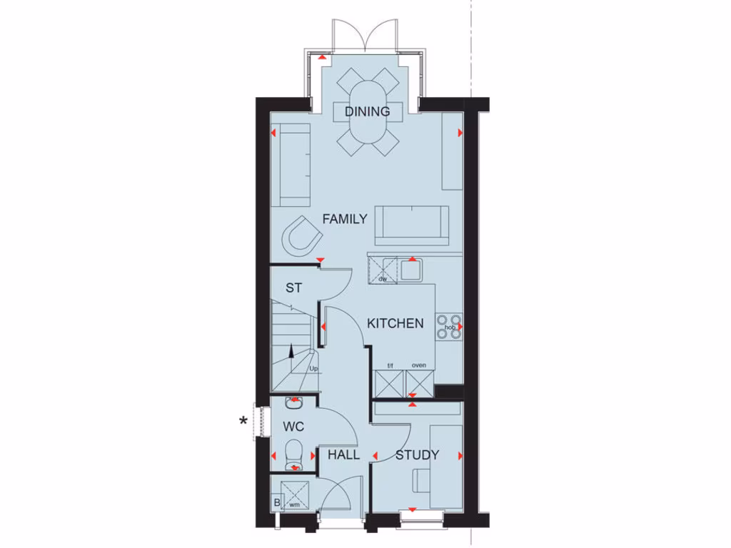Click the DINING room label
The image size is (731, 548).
(x=368, y=111)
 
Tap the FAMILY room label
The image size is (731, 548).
(x=344, y=219)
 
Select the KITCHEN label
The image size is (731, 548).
(x=395, y=323)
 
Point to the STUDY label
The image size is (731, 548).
(x=417, y=455)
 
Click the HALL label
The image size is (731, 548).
(x=343, y=455)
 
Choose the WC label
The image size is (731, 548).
(x=293, y=427)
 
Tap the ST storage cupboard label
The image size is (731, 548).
(x=293, y=288)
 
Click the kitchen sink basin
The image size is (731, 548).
(x=410, y=270)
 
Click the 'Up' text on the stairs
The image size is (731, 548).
(x=313, y=369)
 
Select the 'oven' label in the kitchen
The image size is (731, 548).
(x=419, y=365)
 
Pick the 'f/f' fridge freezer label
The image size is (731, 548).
(x=390, y=365)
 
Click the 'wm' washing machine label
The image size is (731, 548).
(x=293, y=504)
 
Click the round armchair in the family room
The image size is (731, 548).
(x=302, y=235)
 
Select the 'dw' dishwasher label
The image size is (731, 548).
(x=383, y=279)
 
